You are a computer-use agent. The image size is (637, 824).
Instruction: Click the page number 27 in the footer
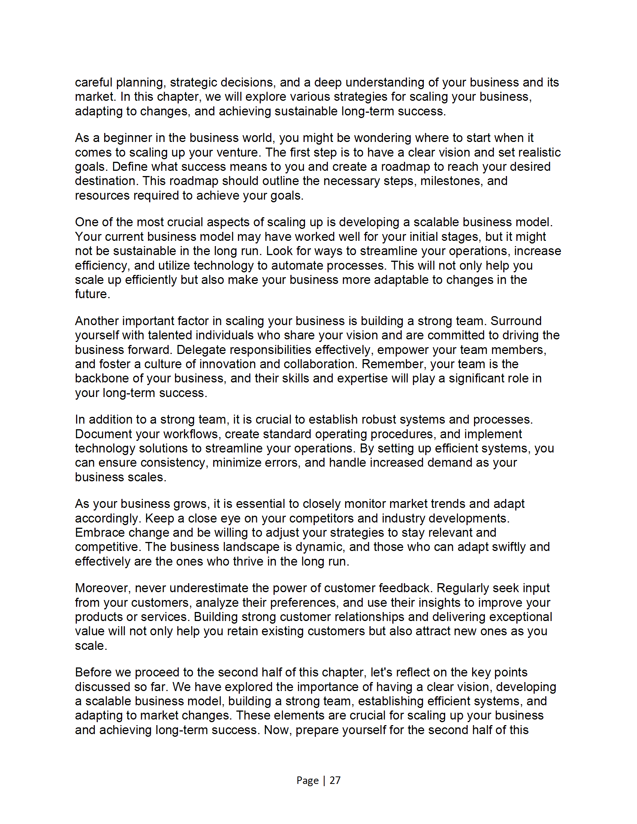point(335,780)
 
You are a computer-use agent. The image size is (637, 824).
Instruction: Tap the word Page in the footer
point(307,780)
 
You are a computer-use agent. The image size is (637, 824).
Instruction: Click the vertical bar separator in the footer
point(324,780)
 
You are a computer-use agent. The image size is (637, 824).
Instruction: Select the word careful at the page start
point(94,82)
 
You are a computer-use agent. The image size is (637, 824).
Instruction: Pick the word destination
point(106,181)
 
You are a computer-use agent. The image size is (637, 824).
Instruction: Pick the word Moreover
point(103,588)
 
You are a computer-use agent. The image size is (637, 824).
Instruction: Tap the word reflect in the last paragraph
point(408,672)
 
